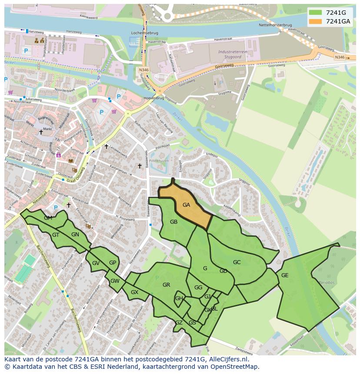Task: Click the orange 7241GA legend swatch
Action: coord(316,21)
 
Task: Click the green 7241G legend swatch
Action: coord(316,13)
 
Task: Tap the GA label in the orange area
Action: coord(187,205)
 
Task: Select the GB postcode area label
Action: coord(173,222)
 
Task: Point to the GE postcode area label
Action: coord(285,275)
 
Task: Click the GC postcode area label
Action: coord(237,262)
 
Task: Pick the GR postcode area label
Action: coord(166,285)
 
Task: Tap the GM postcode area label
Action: coord(48,218)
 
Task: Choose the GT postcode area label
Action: coord(56,235)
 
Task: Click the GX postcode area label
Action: coord(134,292)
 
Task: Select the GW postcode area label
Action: coord(115,281)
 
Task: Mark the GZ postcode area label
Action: coord(179,322)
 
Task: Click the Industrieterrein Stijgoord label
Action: coord(230,53)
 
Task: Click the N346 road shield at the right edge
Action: coord(339,57)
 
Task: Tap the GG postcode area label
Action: coord(198,288)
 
